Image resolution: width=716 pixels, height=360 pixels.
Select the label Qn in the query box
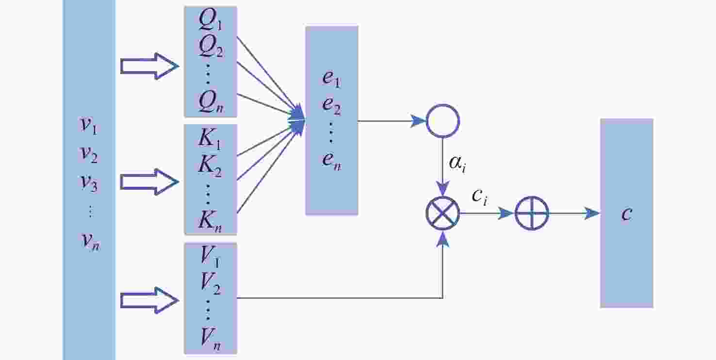point(210,102)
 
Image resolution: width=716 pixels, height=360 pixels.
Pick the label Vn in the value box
point(210,339)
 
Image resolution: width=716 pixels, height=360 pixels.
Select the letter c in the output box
point(626,213)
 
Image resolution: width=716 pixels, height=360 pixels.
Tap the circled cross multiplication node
point(442,213)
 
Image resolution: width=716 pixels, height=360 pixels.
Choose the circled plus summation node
point(532,213)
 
